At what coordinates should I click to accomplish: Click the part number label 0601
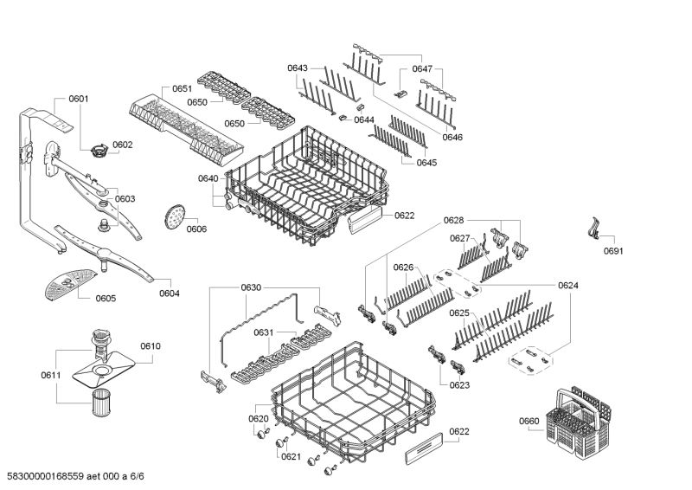(78, 99)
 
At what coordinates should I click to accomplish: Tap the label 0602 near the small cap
(122, 145)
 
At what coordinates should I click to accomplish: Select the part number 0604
(170, 293)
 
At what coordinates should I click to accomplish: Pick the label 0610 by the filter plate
(151, 346)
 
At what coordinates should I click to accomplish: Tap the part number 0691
(612, 252)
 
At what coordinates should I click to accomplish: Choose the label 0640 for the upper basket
(208, 178)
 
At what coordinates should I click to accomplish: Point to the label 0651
(182, 89)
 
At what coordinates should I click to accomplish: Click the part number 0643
(298, 68)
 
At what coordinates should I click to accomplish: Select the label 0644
(363, 119)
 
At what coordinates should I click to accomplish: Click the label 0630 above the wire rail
(251, 287)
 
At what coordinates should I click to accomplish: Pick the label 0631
(264, 332)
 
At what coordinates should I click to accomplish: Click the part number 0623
(459, 385)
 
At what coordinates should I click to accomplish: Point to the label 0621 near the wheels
(291, 457)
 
